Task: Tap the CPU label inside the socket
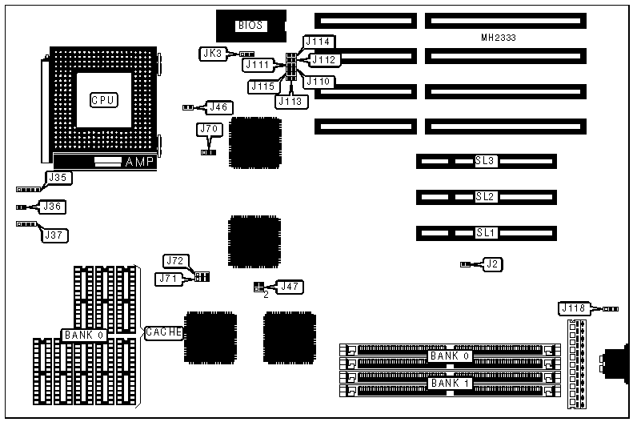click(103, 100)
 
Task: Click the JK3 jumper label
click(213, 54)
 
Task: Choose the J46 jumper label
click(218, 107)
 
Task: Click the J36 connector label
click(53, 207)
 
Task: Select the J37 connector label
click(56, 235)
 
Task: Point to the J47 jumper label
click(290, 286)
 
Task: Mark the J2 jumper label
click(496, 263)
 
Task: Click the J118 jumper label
click(575, 308)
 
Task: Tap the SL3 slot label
click(486, 161)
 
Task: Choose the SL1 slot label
click(486, 233)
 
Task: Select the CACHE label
click(163, 332)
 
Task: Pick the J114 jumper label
click(319, 42)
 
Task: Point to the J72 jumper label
click(175, 260)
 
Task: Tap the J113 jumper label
click(290, 101)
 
